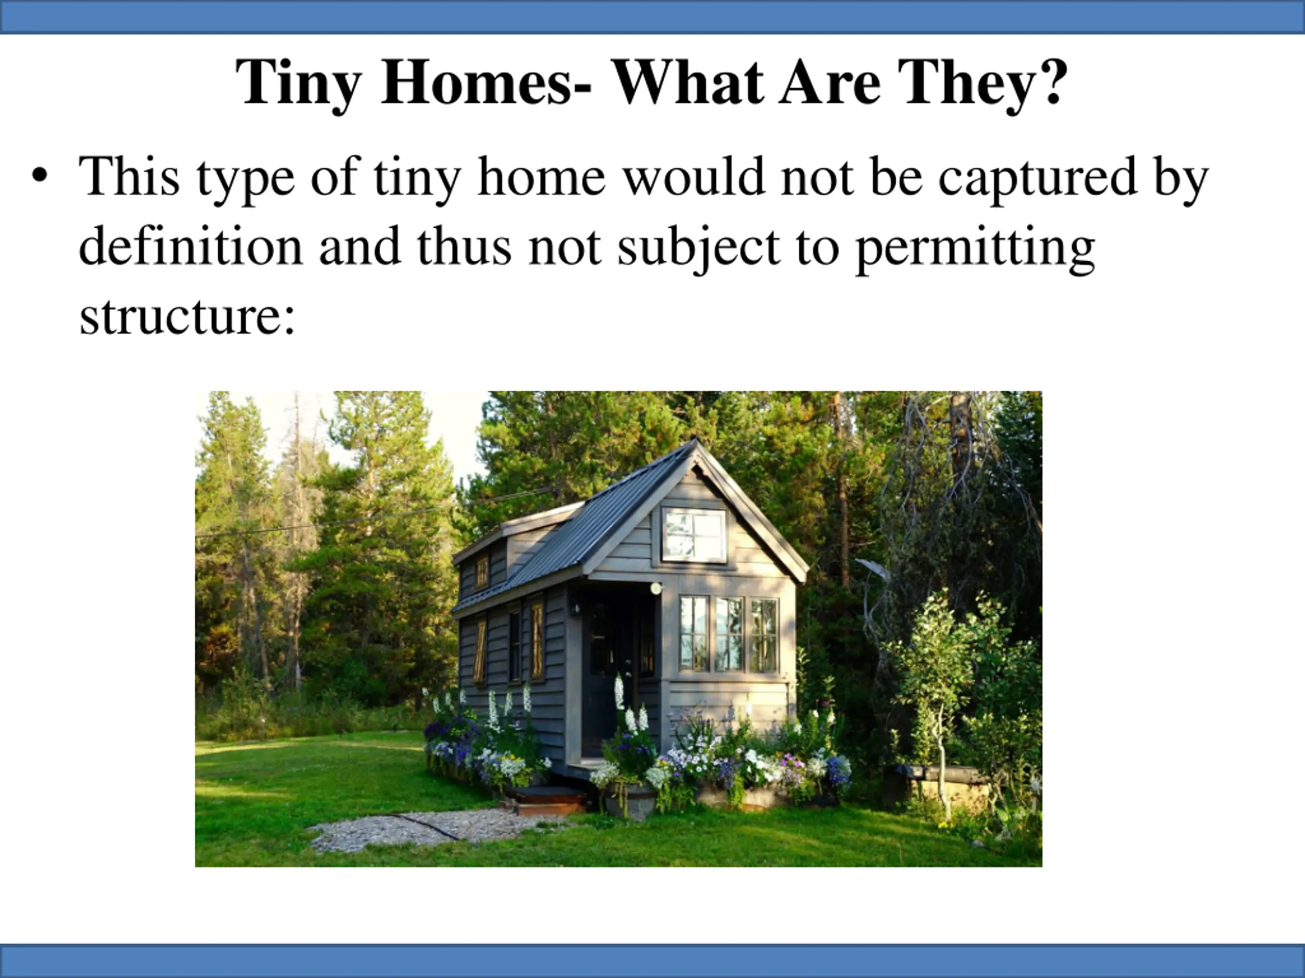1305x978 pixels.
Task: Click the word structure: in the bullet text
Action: point(187,316)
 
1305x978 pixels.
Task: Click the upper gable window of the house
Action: point(694,535)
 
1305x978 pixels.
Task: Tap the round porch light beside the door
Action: point(656,588)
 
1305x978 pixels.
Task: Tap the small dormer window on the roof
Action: point(482,571)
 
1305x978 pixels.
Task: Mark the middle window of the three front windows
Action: point(729,634)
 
